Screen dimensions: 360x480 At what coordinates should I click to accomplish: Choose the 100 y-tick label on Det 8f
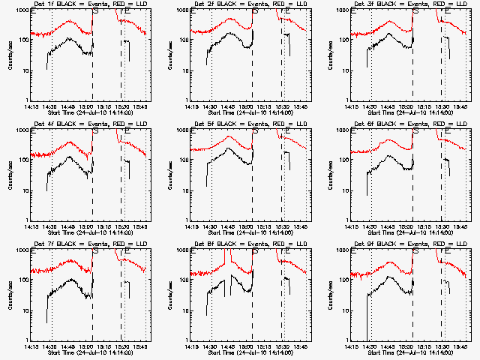(182, 280)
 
